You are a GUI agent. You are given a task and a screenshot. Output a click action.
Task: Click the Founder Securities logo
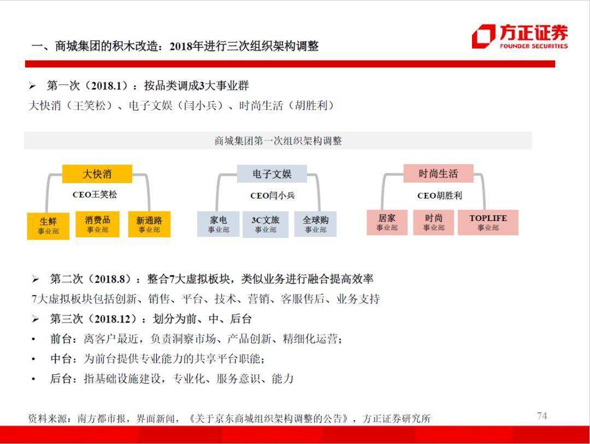click(x=520, y=37)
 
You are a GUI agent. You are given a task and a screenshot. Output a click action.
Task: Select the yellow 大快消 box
click(x=97, y=174)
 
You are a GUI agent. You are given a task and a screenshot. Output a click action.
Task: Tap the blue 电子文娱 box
click(x=272, y=174)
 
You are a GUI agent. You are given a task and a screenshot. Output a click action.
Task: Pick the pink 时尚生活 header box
click(x=438, y=173)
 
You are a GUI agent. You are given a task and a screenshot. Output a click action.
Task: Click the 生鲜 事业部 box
click(x=48, y=226)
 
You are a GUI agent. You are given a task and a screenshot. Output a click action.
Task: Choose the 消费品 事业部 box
click(x=97, y=224)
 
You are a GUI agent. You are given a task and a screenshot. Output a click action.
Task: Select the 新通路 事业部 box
click(x=149, y=224)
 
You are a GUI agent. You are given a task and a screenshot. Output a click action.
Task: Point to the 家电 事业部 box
click(x=218, y=224)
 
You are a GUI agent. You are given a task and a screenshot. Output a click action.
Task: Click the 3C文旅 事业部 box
click(x=265, y=225)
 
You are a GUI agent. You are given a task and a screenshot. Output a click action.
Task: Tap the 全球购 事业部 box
click(x=315, y=224)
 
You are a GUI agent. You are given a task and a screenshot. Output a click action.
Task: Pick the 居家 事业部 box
click(x=387, y=223)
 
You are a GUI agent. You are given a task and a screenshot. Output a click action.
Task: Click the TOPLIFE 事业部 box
click(x=488, y=223)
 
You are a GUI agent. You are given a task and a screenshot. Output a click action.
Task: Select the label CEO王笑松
click(x=95, y=195)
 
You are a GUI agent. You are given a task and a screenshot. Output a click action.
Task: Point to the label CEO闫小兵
click(x=273, y=195)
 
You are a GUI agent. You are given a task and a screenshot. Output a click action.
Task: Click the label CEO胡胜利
click(x=439, y=195)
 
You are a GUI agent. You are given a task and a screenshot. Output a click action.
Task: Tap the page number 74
click(x=542, y=416)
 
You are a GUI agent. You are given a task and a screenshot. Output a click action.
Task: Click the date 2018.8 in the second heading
click(x=109, y=279)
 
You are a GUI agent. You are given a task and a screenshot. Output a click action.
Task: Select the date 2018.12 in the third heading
click(x=112, y=319)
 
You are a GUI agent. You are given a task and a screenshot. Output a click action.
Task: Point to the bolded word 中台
click(x=61, y=359)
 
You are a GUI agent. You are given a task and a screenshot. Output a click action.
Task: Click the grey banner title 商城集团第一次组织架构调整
click(x=278, y=141)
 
